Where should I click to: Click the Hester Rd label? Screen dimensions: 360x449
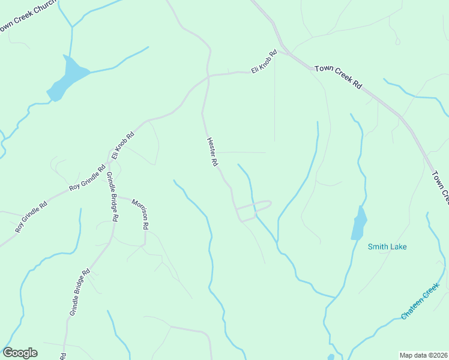tap(211, 152)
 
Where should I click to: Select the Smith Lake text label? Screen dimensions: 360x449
tap(387, 247)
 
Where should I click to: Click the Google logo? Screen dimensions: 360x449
tap(20, 353)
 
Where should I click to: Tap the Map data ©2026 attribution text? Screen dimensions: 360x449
tap(423, 355)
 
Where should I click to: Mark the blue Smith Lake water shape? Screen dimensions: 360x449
tap(359, 223)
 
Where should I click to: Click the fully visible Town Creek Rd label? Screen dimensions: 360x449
tap(338, 77)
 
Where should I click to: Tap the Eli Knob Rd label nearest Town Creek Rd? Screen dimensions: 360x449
tap(264, 61)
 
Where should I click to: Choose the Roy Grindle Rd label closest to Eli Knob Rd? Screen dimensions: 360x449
tap(87, 179)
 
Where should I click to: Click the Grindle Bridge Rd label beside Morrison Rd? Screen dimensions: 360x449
tap(112, 197)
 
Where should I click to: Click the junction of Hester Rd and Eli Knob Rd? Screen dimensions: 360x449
tap(208, 77)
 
